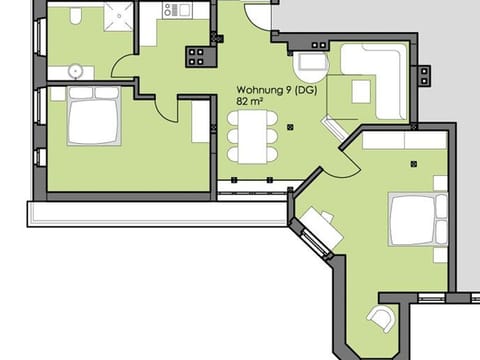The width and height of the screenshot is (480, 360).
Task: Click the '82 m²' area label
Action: [x=250, y=101]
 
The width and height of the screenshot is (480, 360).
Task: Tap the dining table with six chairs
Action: [x=252, y=133]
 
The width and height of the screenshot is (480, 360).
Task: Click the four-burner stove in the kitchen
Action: [x=195, y=57]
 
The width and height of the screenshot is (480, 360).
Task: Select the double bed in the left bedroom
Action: [x=93, y=116]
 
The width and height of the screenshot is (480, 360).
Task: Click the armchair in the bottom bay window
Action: [x=381, y=319]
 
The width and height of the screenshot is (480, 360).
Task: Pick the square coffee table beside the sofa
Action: [x=361, y=92]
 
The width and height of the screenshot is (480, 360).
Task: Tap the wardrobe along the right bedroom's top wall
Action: [x=404, y=142]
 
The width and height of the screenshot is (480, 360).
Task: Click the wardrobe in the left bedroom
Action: [x=200, y=121]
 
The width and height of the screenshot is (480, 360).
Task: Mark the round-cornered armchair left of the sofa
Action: [x=313, y=66]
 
